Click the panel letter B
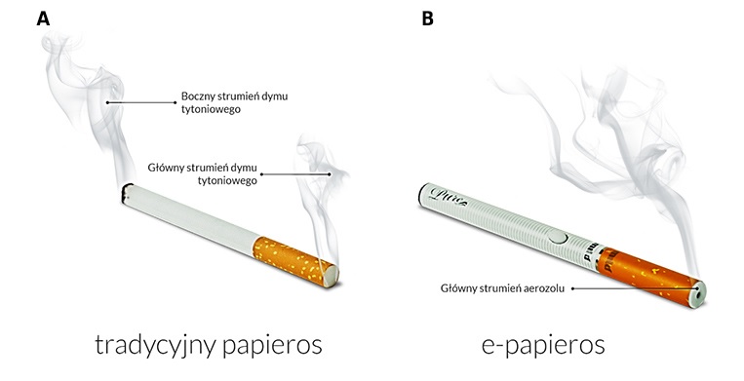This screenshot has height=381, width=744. click(x=426, y=19)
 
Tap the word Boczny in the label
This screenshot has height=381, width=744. click(x=201, y=96)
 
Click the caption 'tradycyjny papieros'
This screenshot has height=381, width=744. click(x=208, y=345)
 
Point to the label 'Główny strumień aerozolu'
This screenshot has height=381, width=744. click(x=501, y=287)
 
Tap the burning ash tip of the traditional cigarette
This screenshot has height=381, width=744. click(x=124, y=192)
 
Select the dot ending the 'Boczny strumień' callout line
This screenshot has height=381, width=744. click(x=106, y=101)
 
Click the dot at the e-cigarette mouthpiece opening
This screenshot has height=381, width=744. click(x=699, y=288)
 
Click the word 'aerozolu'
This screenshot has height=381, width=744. click(x=543, y=287)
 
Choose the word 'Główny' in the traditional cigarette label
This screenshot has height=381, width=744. click(x=168, y=167)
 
